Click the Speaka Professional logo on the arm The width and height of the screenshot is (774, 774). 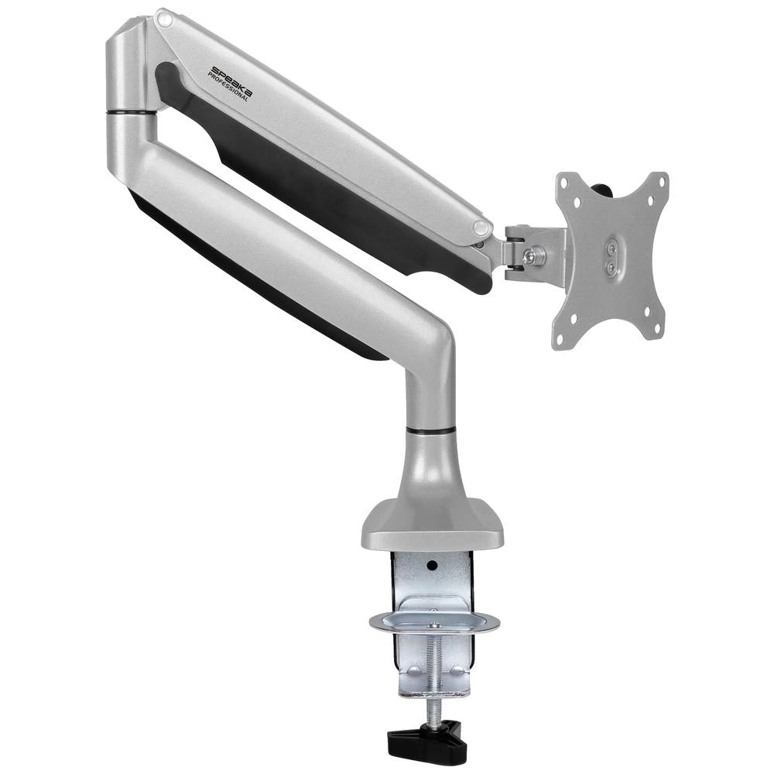[230, 83]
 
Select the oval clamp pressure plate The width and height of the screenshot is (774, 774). [433, 621]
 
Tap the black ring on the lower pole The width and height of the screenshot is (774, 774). [430, 428]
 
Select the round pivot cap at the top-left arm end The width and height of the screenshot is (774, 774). [163, 16]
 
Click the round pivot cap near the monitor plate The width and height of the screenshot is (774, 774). [481, 228]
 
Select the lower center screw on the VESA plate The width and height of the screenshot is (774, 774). [611, 268]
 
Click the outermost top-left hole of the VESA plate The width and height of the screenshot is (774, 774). [563, 181]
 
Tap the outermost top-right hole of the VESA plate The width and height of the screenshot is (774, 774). [662, 180]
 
